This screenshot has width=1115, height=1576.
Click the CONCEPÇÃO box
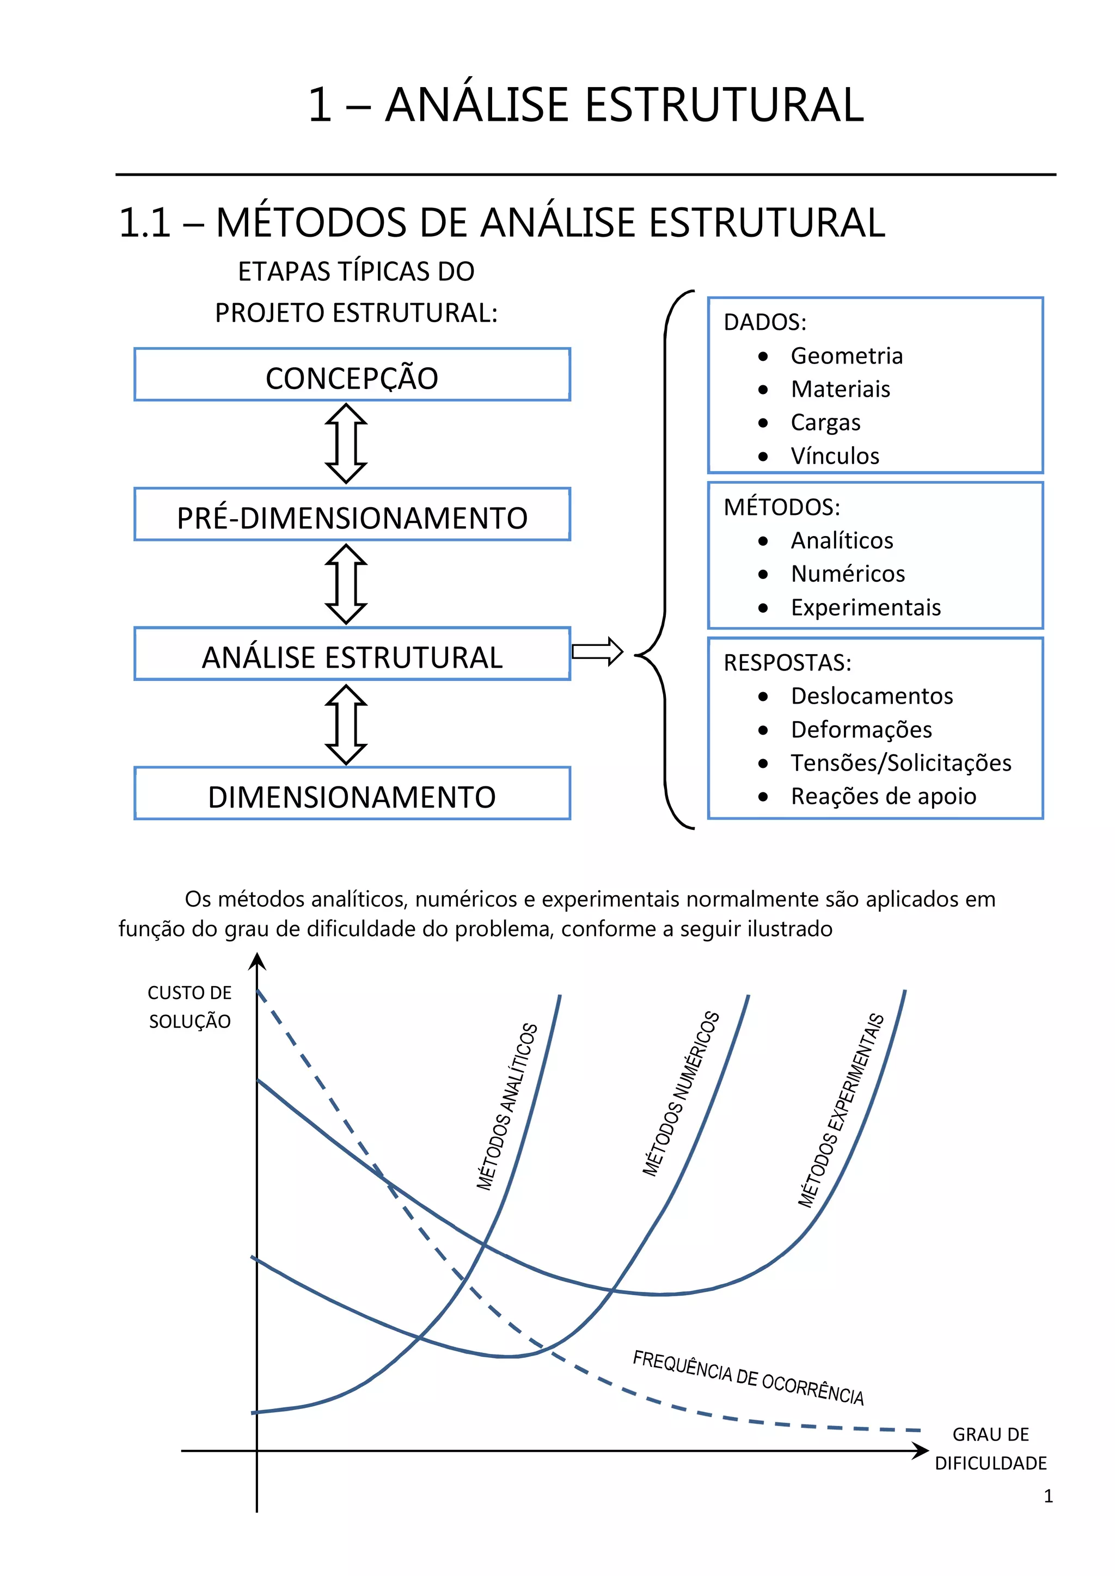click(352, 375)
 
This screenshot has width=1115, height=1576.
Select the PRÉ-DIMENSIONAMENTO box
click(352, 515)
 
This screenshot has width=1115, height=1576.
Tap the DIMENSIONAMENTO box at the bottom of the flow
click(352, 793)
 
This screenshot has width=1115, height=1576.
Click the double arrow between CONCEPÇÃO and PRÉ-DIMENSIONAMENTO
click(346, 444)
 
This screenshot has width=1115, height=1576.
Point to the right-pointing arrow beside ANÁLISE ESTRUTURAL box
click(597, 651)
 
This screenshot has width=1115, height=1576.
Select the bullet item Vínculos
click(834, 456)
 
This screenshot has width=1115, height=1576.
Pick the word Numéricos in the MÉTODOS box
click(847, 574)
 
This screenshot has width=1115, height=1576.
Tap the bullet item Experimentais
click(865, 607)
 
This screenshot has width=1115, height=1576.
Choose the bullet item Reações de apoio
click(883, 796)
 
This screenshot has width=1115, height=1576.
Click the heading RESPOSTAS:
click(787, 662)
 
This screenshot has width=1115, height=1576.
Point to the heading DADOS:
click(765, 322)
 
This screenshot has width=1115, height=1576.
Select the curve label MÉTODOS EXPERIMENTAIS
click(841, 1111)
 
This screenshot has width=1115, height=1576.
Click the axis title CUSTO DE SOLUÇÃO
click(189, 1007)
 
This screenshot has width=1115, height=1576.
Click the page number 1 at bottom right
click(1047, 1497)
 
